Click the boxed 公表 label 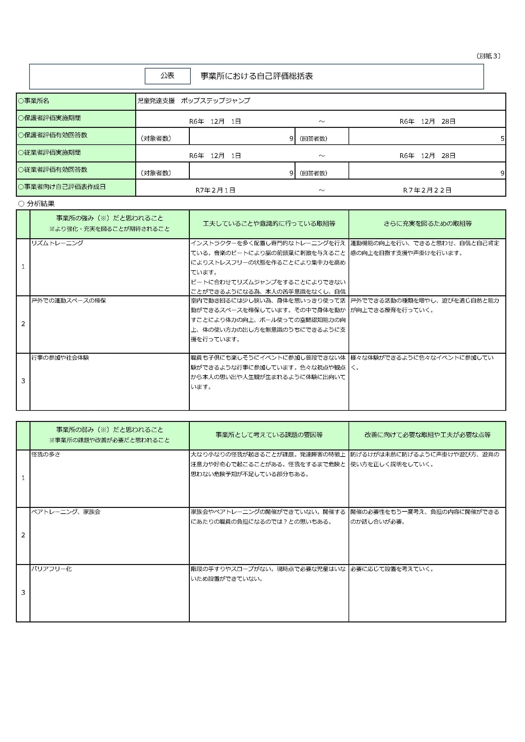point(168,76)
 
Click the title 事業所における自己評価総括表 point(257,76)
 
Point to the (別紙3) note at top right point(488,56)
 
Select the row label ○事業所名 point(34,101)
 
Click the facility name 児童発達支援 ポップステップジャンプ point(194,101)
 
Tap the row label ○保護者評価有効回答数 point(53,135)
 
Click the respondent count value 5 point(502,139)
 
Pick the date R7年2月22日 point(427,190)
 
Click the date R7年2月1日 point(215,190)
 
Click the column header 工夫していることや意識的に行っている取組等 point(269,224)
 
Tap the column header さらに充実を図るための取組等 point(427,224)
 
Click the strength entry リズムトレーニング point(57,243)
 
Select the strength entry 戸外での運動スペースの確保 point(69,300)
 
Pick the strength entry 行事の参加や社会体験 point(60,358)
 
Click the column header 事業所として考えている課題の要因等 point(269,435)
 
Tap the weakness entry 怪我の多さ point(46,454)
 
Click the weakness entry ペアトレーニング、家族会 point(66,512)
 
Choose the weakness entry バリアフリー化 point(51,569)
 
